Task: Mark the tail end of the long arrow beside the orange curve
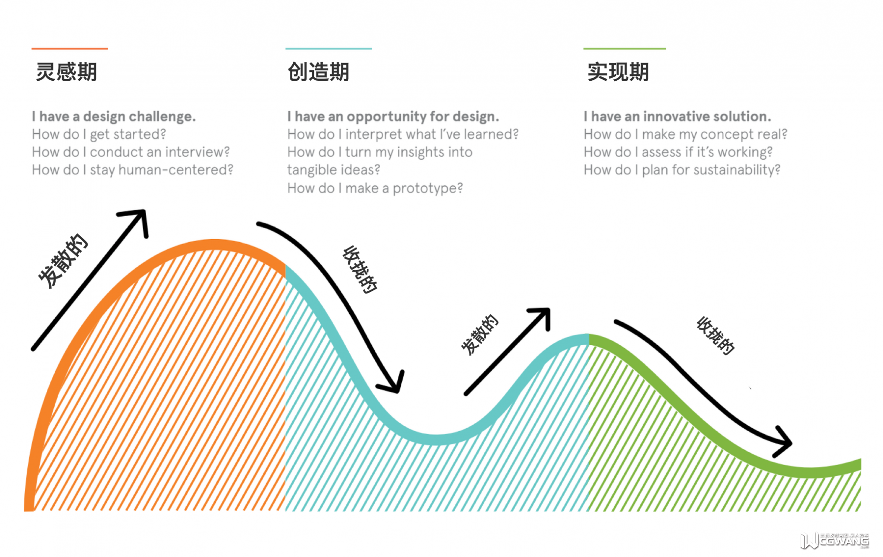[33, 349]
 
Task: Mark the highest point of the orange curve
[215, 245]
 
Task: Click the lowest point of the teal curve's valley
[437, 440]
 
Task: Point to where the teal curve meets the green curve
[589, 339]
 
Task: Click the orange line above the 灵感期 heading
[70, 48]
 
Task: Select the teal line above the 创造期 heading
[329, 48]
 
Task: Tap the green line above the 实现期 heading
[625, 48]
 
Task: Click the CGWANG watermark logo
[834, 540]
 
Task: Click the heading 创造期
[318, 72]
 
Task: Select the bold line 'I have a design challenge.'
[114, 117]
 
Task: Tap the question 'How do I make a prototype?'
[375, 188]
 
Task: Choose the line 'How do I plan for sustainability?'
[682, 170]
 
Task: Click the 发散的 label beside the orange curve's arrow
[63, 261]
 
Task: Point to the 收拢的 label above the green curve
[716, 336]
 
